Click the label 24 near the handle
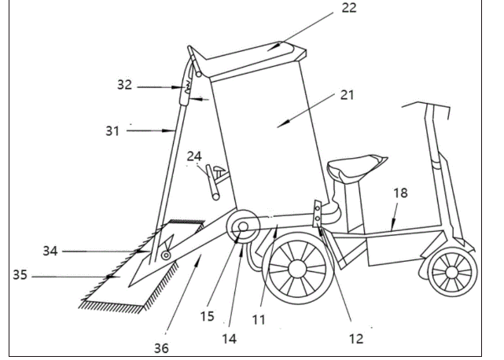pos(194,156)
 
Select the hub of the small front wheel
pos(451,276)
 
